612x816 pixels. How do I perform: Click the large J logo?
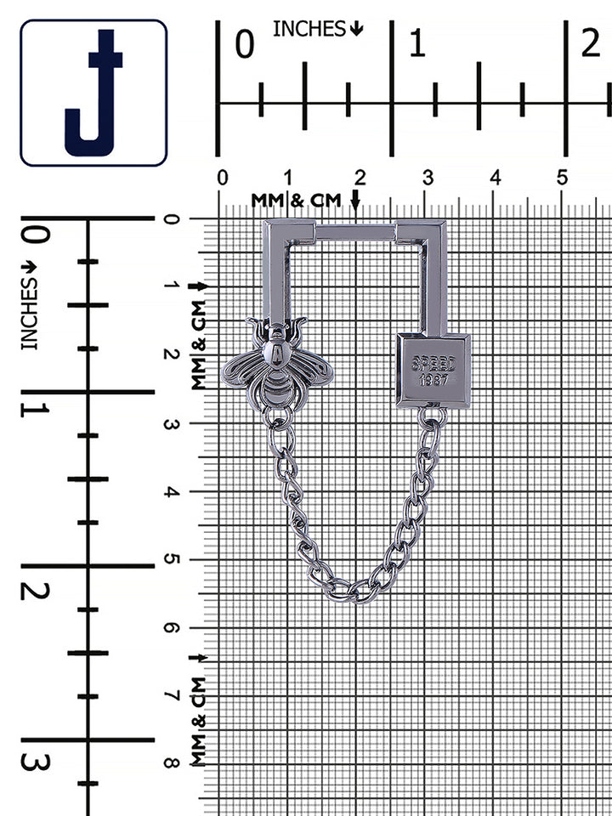(93, 93)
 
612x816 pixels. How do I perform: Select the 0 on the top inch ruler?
(245, 44)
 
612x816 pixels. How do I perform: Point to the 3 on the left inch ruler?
(36, 762)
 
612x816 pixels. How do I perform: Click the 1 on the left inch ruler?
(36, 410)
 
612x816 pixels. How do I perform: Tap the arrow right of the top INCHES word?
(356, 29)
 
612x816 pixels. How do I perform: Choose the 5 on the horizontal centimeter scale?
(562, 178)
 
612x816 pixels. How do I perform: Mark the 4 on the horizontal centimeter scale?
(495, 178)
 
